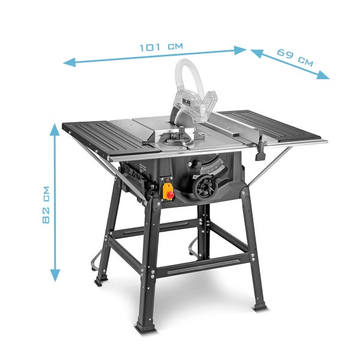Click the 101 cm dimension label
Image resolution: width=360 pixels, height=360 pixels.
click(x=161, y=47)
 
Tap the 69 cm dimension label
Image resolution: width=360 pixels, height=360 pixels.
click(x=295, y=58)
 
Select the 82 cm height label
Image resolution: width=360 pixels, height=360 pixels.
click(x=46, y=205)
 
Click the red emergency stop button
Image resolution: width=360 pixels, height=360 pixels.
click(x=170, y=195)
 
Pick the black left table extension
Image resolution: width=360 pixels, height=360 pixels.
click(x=111, y=138)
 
